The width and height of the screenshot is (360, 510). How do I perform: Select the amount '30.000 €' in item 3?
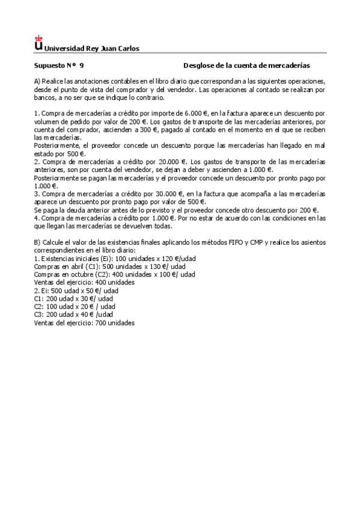click(169, 194)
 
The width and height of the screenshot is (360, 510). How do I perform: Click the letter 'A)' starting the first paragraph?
click(37, 81)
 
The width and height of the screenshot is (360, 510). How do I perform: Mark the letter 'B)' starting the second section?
click(37, 242)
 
